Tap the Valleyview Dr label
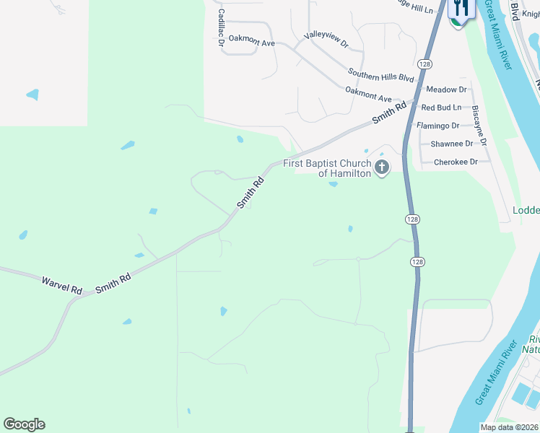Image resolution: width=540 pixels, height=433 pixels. (326, 39)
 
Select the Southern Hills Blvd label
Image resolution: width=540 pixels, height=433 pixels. (380, 74)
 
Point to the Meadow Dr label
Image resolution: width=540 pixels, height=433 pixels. (446, 89)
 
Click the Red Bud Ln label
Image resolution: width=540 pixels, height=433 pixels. (441, 108)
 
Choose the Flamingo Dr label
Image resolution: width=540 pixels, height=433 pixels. (438, 126)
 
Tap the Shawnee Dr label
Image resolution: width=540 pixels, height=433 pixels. (452, 144)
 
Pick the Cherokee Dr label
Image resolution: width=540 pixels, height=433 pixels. (456, 162)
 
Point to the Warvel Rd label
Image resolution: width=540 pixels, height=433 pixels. (61, 284)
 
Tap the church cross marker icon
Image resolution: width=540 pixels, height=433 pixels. (382, 168)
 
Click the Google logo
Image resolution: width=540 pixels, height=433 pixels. (24, 424)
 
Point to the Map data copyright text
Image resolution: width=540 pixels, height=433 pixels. (509, 427)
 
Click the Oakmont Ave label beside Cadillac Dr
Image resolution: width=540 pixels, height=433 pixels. (252, 42)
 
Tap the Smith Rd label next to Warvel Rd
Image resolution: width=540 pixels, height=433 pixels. (113, 281)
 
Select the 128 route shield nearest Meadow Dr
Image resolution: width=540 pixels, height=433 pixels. (425, 64)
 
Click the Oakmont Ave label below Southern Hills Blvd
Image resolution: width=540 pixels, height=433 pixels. (368, 94)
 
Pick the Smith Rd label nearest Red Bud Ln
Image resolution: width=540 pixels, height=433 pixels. (389, 113)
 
